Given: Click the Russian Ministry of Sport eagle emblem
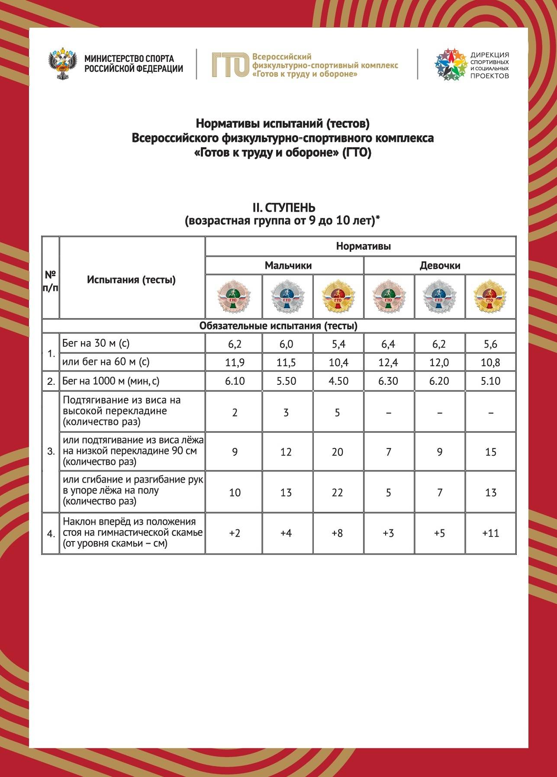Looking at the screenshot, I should (63, 65).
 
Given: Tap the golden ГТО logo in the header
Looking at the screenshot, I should (230, 65).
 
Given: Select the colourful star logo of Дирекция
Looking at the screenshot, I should (451, 65).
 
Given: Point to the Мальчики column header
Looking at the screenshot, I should (288, 265).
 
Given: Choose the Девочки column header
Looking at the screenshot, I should (440, 265).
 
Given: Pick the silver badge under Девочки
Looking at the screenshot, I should (439, 297).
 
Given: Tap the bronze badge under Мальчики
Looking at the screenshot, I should (234, 297).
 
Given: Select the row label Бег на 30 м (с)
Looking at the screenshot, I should (96, 344).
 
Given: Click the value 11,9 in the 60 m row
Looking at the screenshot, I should (235, 362).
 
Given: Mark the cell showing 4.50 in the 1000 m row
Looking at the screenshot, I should (338, 381).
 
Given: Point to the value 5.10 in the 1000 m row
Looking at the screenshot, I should (490, 381).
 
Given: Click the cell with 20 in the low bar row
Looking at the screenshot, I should (338, 452).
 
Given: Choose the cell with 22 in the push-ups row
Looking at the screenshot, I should (338, 493).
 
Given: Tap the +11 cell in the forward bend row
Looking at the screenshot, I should (490, 533).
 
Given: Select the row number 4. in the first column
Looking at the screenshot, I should (51, 534).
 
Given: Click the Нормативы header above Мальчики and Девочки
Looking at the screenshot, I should (363, 246).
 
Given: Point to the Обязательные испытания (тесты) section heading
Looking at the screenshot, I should (278, 326).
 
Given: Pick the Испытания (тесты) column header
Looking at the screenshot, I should (131, 280).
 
